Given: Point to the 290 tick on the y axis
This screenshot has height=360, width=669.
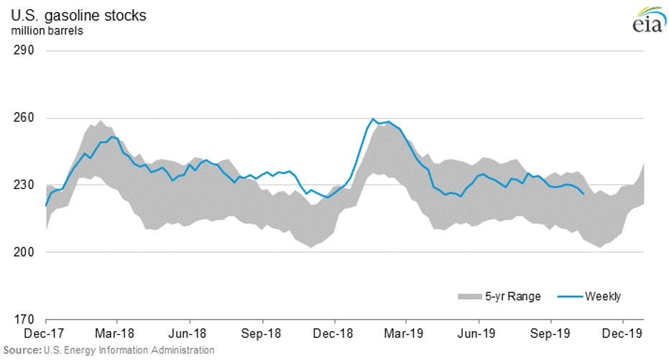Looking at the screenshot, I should click(25, 51).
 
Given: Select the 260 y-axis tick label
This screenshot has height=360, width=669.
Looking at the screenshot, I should click(25, 118).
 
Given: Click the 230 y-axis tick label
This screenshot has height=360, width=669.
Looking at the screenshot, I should click(25, 185).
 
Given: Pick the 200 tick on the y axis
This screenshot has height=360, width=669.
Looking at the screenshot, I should click(25, 252).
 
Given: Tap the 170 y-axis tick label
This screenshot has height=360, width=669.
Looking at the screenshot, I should click(25, 319).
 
